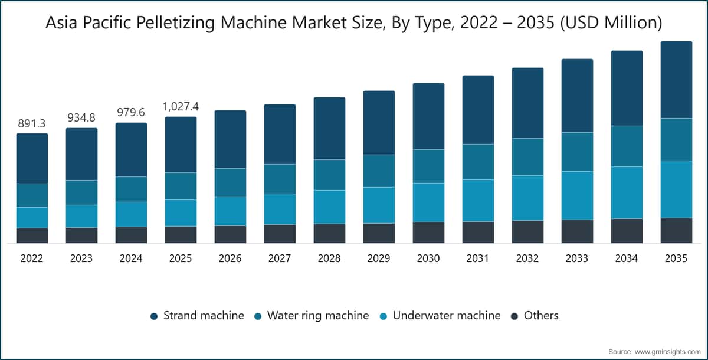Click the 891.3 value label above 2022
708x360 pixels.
32,123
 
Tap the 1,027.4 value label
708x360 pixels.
181,106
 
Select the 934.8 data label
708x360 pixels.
81,117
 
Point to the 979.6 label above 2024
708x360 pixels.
131,112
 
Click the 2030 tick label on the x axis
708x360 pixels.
428,258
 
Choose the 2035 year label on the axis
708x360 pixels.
676,258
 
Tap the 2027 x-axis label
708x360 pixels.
280,258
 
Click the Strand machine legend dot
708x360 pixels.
154,316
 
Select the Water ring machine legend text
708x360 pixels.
318,315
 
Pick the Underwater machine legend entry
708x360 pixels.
440,315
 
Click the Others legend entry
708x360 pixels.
535,315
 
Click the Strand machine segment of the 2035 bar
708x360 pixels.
676,80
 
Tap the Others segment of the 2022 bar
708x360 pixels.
32,235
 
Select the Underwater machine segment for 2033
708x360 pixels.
577,196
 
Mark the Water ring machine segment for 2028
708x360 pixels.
329,175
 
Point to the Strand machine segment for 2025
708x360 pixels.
181,145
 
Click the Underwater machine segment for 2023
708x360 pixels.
81,216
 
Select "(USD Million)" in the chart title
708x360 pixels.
611,23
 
